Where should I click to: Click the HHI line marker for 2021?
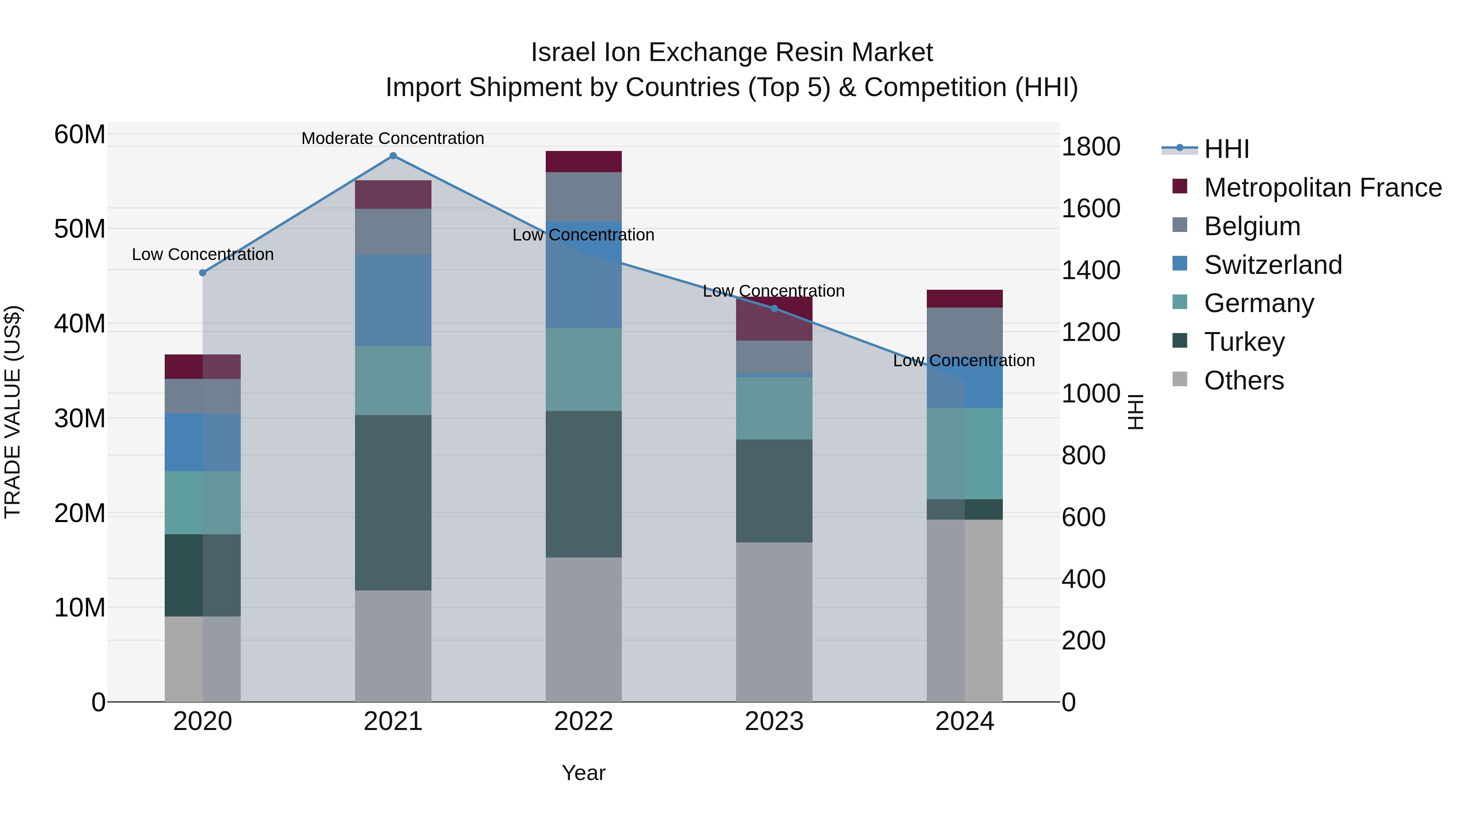coord(393,156)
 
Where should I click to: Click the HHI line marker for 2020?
coord(203,273)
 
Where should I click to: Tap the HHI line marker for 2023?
coord(774,308)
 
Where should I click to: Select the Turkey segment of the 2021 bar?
coord(393,502)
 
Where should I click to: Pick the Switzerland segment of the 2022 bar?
coord(584,274)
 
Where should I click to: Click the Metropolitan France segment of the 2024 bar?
coord(965,299)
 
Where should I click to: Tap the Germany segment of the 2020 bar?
coord(203,502)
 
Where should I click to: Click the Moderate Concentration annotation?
coord(393,138)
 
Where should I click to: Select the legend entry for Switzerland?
coord(1272,265)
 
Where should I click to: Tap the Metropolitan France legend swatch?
coord(1179,186)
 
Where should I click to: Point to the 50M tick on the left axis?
coord(80,229)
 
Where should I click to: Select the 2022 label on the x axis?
coord(584,721)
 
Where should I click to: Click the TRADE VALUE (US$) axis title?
coord(13,412)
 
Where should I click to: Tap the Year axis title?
coord(584,773)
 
